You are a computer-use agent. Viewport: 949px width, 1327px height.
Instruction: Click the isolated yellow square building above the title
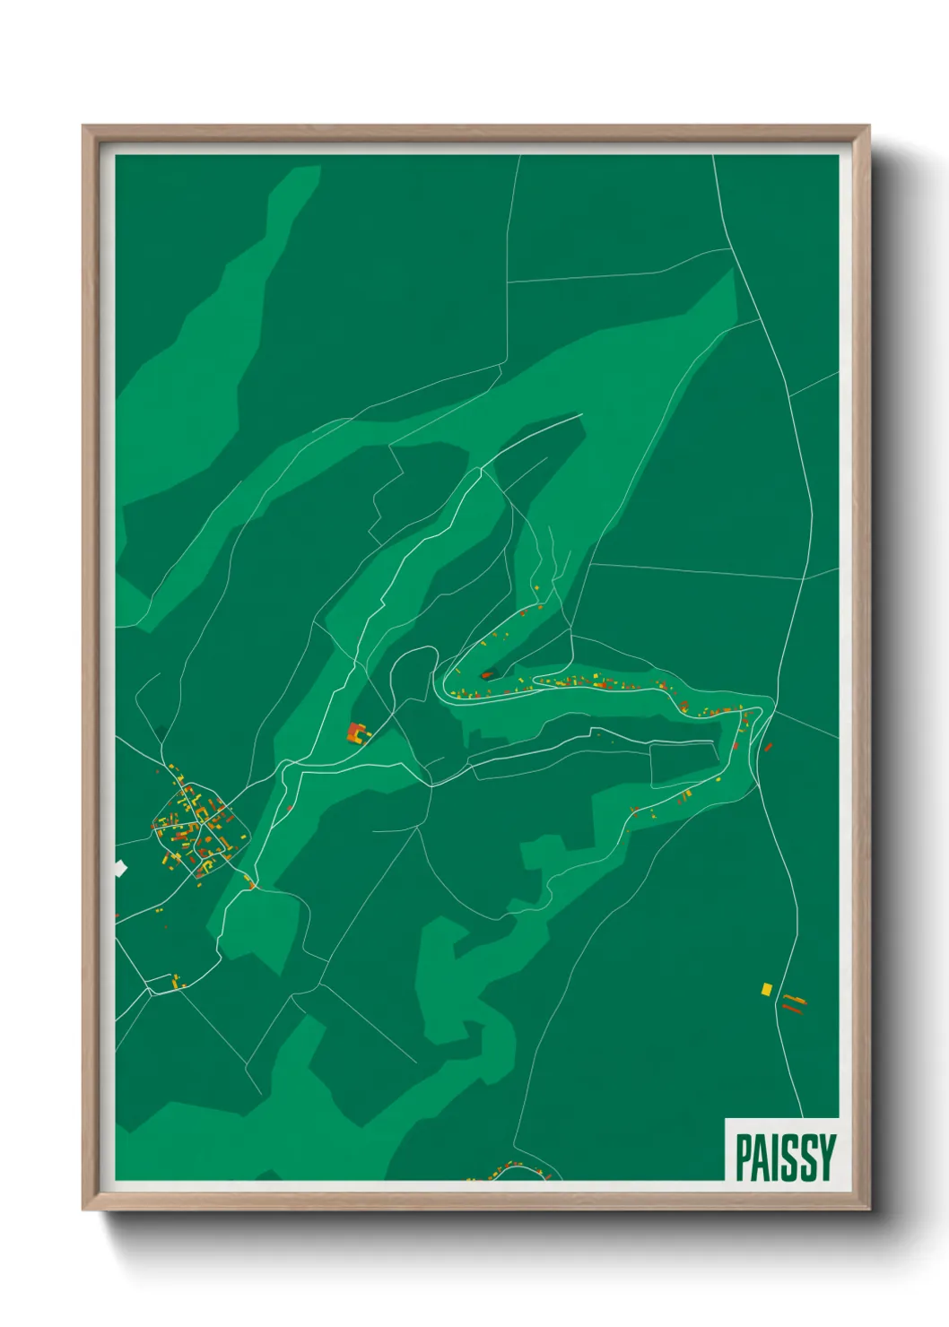[x=766, y=989]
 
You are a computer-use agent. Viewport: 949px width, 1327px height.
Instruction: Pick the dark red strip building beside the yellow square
[x=791, y=1009]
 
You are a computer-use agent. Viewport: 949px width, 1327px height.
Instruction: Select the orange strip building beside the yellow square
[x=795, y=999]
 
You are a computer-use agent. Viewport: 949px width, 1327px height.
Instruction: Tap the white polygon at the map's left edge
[x=120, y=867]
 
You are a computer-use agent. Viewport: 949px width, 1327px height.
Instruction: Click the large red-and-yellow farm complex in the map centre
[x=359, y=733]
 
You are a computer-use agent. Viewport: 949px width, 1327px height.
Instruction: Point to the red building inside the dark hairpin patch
[x=487, y=674]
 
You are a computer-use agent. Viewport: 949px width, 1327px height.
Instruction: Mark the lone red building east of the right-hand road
[x=768, y=746]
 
